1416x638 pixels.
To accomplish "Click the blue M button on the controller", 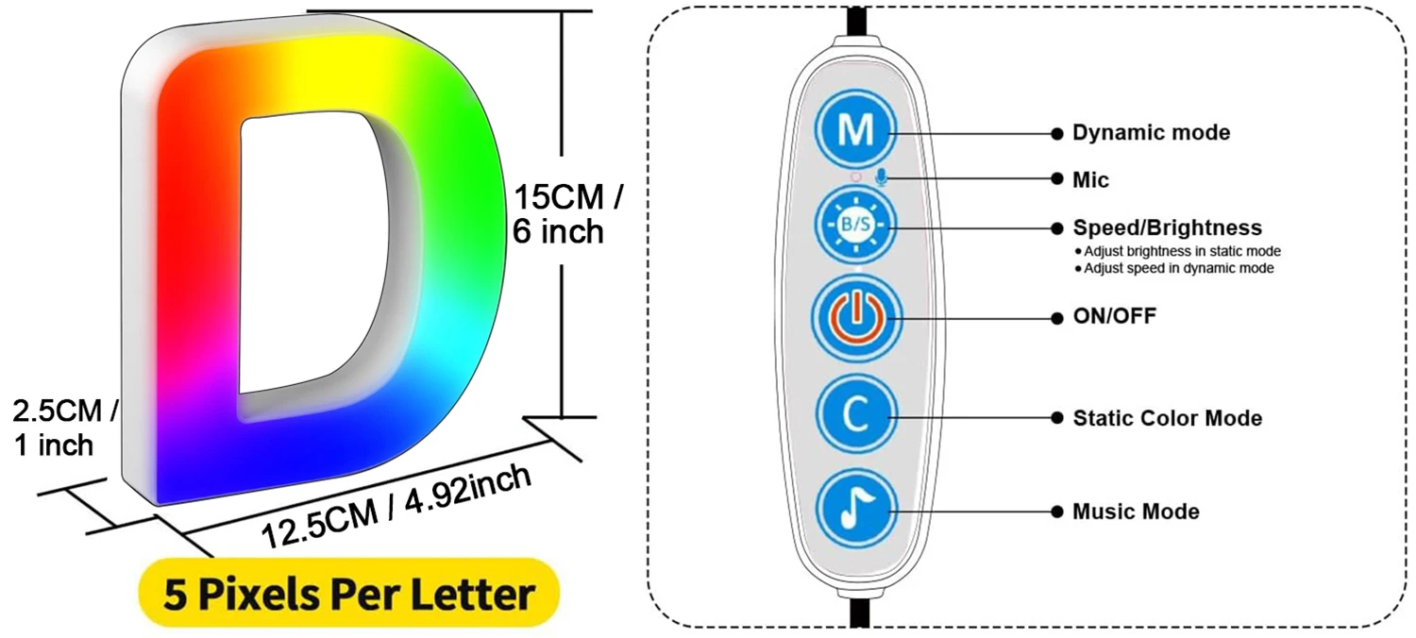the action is click(x=856, y=130).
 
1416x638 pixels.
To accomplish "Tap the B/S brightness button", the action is click(x=856, y=227).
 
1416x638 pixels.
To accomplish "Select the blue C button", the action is click(x=856, y=416).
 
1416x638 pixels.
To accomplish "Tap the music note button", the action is click(x=856, y=510).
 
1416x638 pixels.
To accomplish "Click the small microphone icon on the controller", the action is click(x=881, y=177).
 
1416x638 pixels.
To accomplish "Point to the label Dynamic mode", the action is click(x=1151, y=133).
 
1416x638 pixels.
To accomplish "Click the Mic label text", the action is click(x=1090, y=179).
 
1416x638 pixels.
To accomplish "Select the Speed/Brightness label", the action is click(x=1167, y=228).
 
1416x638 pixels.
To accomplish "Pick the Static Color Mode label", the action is click(x=1167, y=417).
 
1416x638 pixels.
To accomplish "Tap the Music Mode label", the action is click(x=1136, y=512).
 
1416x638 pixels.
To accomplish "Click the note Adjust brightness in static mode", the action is click(x=1181, y=251).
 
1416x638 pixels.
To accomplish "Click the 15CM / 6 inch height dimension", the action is click(x=567, y=214).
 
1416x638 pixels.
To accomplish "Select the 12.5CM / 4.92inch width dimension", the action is click(x=396, y=505).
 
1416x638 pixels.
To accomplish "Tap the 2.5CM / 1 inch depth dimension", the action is click(x=64, y=428).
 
